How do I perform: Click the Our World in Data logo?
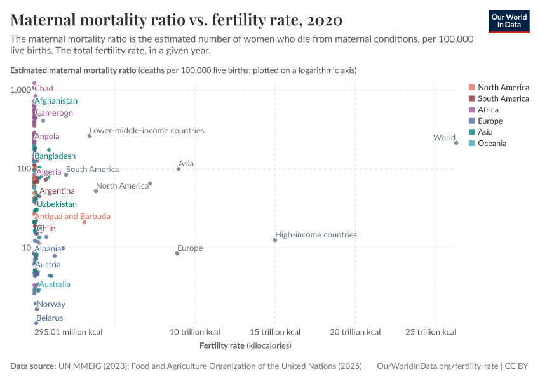(508, 20)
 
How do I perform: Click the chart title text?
(177, 20)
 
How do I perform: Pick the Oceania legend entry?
(492, 144)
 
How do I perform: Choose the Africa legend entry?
(488, 110)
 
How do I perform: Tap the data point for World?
(456, 143)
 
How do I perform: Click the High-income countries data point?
(275, 240)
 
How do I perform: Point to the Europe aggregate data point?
(177, 253)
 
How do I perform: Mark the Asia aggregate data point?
(179, 169)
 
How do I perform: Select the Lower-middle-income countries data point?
(90, 136)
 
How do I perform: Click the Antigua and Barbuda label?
(72, 217)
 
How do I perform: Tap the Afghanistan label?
(56, 101)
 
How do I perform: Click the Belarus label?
(50, 318)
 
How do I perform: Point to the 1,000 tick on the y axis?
(20, 90)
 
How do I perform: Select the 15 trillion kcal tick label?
(275, 332)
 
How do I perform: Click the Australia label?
(55, 284)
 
